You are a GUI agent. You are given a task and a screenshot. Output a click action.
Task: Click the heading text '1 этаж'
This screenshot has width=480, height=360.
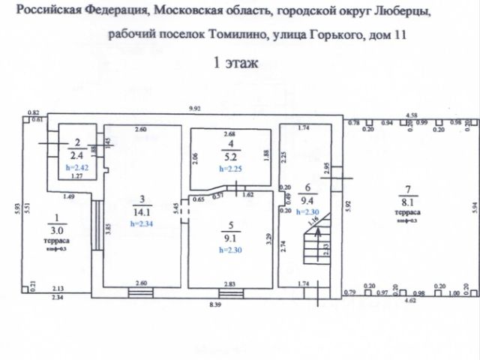(x=237, y=63)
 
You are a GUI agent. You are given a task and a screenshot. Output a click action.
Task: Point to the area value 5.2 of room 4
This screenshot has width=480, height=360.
(x=232, y=157)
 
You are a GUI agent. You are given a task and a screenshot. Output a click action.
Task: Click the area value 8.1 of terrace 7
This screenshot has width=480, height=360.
(x=408, y=200)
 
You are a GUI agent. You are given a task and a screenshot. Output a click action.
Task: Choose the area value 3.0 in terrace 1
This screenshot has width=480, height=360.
(x=58, y=230)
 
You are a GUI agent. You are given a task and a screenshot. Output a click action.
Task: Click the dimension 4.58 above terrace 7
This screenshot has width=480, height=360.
(x=411, y=115)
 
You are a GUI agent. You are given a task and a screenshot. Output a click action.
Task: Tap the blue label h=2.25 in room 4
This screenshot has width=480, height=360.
(x=230, y=169)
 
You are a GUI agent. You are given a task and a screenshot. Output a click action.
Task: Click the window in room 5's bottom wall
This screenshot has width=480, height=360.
(x=229, y=286)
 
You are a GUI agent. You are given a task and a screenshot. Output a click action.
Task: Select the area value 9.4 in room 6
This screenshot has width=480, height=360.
(x=305, y=200)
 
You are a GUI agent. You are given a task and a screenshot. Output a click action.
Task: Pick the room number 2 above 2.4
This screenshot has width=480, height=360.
(x=77, y=142)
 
